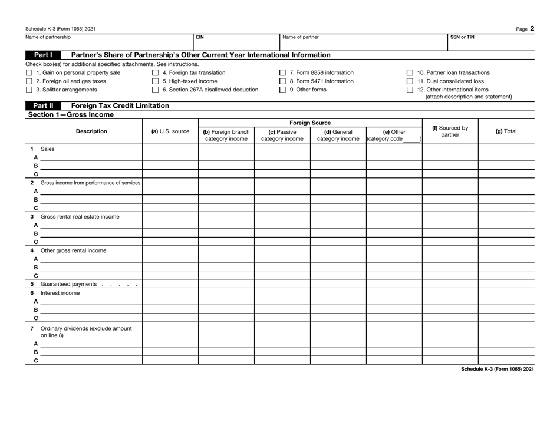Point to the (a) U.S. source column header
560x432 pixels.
pyautogui.click(x=170, y=131)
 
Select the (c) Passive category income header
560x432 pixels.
pyautogui.click(x=282, y=135)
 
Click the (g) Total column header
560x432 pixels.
pyautogui.click(x=506, y=131)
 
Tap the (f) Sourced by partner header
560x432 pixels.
pyautogui.click(x=450, y=131)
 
